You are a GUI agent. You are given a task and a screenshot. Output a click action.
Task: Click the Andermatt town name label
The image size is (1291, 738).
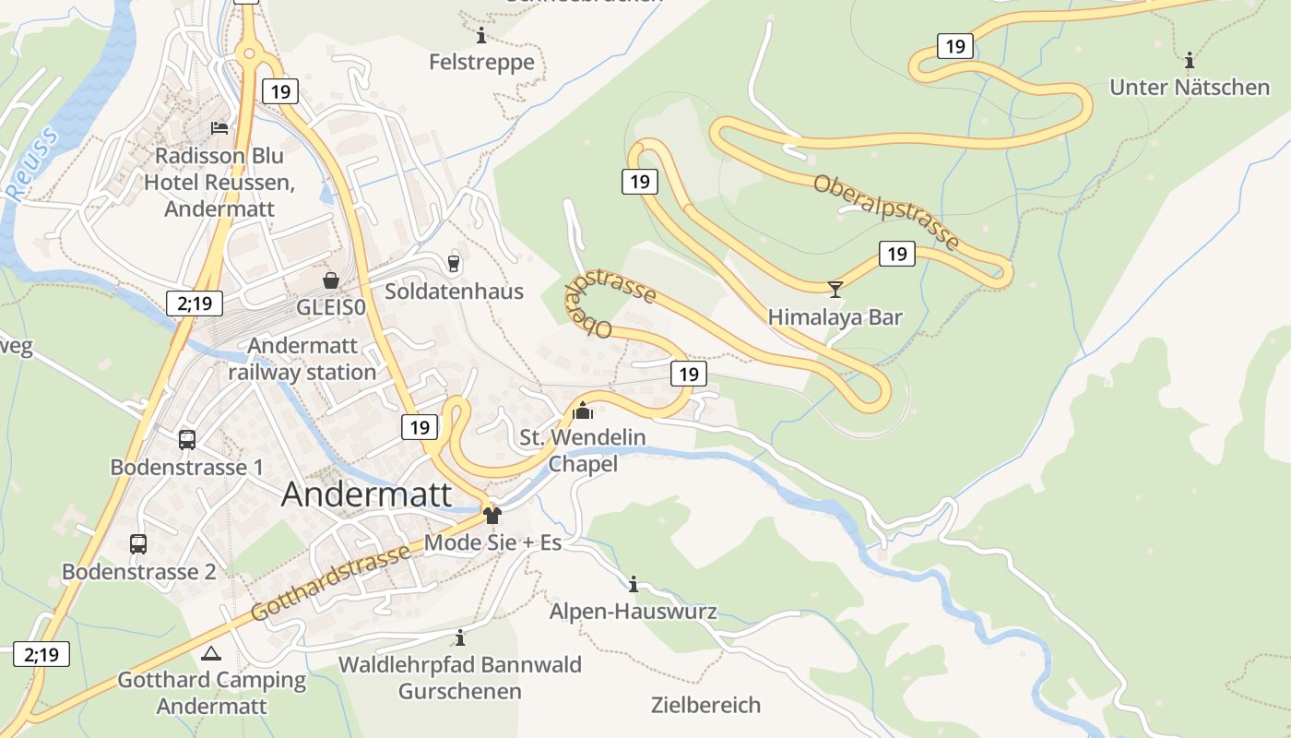(x=366, y=494)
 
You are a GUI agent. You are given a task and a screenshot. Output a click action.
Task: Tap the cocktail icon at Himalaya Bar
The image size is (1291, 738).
(x=835, y=290)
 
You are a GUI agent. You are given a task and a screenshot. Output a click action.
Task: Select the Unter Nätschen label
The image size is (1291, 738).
(x=1190, y=88)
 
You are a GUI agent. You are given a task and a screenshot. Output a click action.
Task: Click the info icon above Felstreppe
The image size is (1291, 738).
(x=480, y=36)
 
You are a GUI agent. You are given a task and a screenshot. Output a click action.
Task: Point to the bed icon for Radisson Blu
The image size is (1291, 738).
(x=219, y=128)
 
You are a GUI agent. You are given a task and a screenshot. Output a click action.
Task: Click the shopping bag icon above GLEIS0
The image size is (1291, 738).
(x=330, y=280)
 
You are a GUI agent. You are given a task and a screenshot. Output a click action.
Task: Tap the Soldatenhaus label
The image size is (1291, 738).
(x=454, y=292)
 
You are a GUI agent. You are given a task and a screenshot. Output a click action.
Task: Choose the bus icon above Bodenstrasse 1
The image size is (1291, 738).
(x=187, y=439)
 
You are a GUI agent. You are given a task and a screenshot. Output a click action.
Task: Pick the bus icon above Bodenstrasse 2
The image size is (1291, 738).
(x=138, y=544)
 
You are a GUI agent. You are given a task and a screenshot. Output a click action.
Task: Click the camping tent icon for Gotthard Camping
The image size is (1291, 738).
(x=210, y=653)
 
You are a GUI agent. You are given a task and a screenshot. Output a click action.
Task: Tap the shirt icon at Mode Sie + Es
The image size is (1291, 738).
(x=492, y=515)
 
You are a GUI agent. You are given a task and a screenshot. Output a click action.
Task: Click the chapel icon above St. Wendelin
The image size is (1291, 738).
(x=583, y=411)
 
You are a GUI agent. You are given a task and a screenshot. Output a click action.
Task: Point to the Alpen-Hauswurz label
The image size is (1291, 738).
(x=633, y=612)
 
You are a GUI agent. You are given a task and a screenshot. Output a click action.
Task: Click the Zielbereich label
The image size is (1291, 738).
(x=705, y=706)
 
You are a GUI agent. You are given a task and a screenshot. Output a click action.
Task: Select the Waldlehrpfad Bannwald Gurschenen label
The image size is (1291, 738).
(x=459, y=677)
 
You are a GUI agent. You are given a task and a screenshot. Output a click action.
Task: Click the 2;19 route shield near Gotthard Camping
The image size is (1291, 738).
(x=41, y=655)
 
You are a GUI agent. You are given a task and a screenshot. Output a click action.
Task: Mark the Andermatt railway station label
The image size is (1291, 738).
(x=302, y=360)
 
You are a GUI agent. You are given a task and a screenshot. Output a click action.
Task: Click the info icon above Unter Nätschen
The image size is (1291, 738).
(x=1190, y=61)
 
